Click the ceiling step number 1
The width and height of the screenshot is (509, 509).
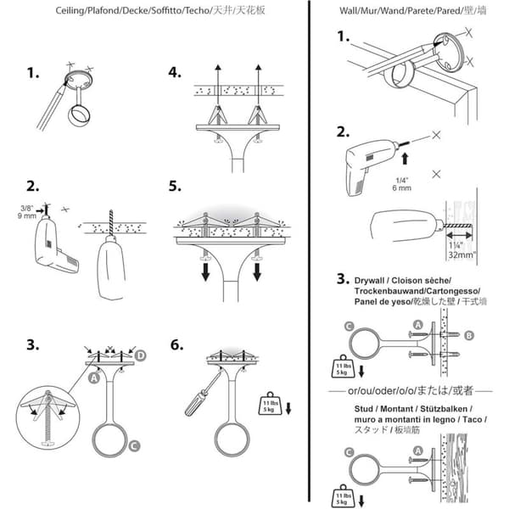[x=33, y=73]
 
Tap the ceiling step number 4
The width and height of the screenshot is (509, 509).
[x=175, y=72]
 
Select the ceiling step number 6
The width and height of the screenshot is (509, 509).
[x=176, y=344]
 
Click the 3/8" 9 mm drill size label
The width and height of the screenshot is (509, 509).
[x=27, y=212]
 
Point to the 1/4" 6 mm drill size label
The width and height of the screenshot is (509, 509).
[x=401, y=184]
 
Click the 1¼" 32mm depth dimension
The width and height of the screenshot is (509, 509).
[x=461, y=250]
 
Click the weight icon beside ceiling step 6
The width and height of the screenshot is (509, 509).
[x=270, y=404]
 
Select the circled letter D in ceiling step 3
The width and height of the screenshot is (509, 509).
[x=140, y=355]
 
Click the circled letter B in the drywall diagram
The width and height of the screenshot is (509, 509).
[x=469, y=335]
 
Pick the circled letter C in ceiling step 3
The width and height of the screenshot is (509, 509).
[x=134, y=445]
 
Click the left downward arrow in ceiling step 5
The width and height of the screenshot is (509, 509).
[x=206, y=272]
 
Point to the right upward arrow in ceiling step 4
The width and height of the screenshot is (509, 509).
[x=258, y=85]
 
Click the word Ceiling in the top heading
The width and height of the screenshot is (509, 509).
[x=70, y=10]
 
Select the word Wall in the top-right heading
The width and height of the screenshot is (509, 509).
[x=348, y=11]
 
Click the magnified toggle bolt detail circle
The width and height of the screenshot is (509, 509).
[x=48, y=417]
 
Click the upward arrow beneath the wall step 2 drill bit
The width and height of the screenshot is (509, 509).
[x=405, y=159]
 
